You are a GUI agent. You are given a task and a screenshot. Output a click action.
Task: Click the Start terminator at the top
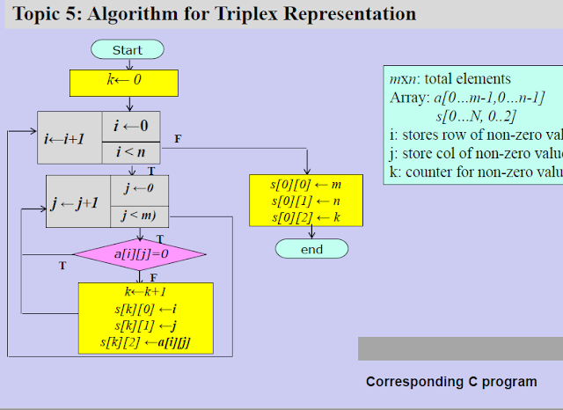[128, 50]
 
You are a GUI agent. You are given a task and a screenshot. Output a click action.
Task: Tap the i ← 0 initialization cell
[131, 126]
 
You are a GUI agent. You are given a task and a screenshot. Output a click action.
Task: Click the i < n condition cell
[131, 152]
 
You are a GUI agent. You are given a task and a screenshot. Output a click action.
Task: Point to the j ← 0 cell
[139, 188]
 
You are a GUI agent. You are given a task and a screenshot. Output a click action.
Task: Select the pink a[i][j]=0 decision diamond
[140, 254]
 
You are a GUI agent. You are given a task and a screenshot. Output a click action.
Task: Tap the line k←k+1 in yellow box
[146, 292]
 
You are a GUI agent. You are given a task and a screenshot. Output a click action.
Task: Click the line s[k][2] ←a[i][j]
[146, 341]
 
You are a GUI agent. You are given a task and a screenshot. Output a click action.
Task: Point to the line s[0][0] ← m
[306, 185]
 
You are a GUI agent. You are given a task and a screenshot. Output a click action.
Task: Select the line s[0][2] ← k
[306, 216]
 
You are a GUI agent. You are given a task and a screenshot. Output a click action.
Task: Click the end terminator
[311, 249]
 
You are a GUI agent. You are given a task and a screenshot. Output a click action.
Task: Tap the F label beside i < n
[178, 139]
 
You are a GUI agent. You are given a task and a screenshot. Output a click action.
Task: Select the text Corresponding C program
[451, 382]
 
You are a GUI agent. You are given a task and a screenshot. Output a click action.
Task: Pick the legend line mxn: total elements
[450, 79]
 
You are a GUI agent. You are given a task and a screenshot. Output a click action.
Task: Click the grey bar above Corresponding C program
[460, 348]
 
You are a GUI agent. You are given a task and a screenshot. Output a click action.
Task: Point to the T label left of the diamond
[62, 265]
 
